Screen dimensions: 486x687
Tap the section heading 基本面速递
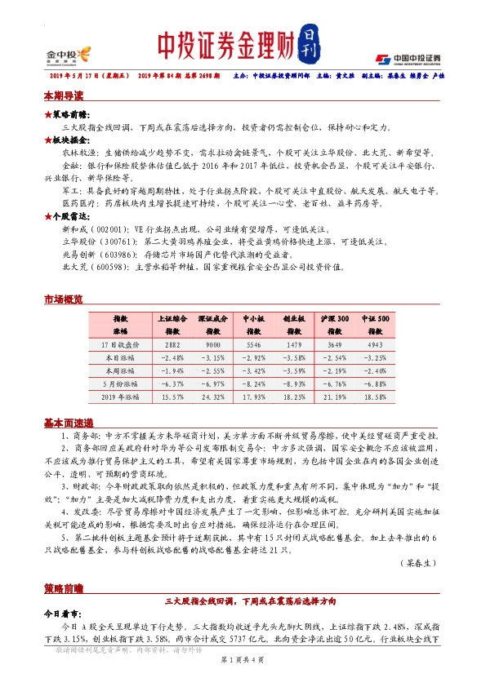(x=69, y=423)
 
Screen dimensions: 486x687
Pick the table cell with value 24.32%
(x=212, y=396)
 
